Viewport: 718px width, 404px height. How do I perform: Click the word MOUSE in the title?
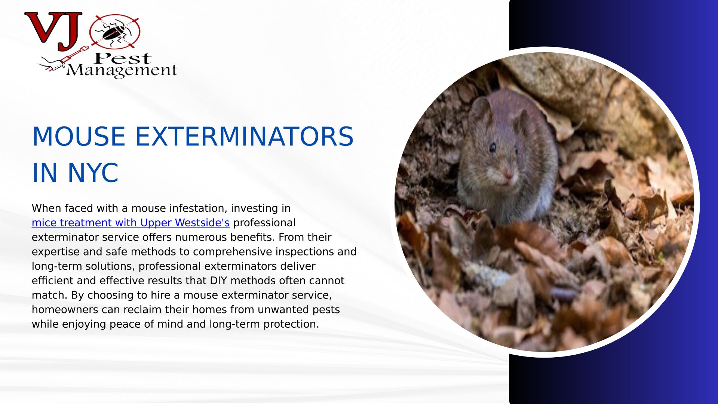point(79,137)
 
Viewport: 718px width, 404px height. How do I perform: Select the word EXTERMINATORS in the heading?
point(244,137)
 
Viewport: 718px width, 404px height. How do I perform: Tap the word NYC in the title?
point(93,173)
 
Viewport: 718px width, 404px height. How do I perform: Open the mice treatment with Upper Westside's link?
point(131,223)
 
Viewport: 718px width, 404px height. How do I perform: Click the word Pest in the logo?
point(123,58)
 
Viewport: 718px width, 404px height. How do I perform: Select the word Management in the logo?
point(121,70)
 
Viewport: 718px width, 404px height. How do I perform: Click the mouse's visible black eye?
point(493,147)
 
